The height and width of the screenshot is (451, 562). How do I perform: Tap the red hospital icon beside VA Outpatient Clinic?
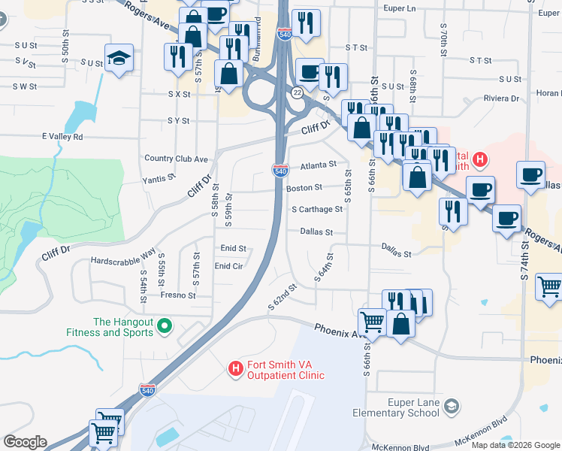235,368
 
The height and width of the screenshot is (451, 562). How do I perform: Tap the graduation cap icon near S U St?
119,59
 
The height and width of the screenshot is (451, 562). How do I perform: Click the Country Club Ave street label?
176,159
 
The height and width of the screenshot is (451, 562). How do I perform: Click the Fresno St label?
178,295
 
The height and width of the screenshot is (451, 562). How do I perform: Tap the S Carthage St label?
317,209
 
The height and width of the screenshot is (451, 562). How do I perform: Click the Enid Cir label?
228,266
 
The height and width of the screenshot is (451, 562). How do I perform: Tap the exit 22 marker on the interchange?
298,92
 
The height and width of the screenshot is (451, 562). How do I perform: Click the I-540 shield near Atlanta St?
279,171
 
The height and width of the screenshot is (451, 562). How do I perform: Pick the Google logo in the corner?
25,442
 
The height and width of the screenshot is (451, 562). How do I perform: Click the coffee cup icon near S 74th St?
531,174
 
